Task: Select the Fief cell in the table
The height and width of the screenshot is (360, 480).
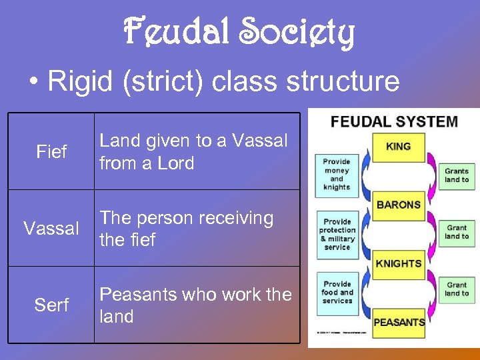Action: [x=51, y=152]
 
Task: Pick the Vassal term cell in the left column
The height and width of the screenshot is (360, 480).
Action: [x=51, y=229]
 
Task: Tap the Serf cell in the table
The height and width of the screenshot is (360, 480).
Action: [x=51, y=305]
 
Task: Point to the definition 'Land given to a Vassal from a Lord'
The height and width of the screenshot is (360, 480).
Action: [x=193, y=152]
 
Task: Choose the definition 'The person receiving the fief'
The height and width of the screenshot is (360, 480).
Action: [x=187, y=229]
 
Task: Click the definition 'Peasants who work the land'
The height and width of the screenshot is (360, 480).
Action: [x=195, y=305]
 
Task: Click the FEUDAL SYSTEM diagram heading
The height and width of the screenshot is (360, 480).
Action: [x=395, y=122]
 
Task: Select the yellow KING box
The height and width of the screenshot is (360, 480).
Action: [x=398, y=147]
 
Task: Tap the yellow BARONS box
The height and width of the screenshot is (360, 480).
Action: [x=398, y=205]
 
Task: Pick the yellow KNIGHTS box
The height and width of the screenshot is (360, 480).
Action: [x=398, y=263]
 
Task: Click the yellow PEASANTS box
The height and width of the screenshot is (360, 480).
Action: [x=398, y=322]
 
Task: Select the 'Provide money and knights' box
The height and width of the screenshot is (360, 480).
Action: [x=337, y=174]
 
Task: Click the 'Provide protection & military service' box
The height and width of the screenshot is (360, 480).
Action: [x=337, y=234]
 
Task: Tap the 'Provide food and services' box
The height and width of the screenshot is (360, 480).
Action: [x=337, y=293]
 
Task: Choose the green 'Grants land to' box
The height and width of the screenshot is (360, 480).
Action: [x=457, y=175]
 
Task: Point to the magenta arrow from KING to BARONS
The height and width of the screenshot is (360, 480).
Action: [x=433, y=175]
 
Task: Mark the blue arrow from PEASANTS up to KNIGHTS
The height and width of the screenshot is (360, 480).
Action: [x=363, y=293]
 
